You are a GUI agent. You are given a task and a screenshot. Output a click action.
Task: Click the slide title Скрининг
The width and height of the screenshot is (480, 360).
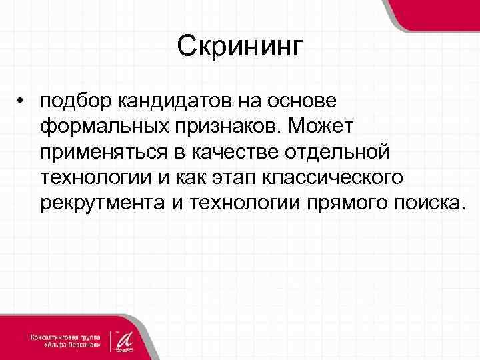(x=240, y=47)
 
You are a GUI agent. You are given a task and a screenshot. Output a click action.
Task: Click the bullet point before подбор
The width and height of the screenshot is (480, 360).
(x=22, y=101)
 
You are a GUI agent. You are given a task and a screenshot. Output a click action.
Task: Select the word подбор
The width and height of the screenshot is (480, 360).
(x=77, y=102)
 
